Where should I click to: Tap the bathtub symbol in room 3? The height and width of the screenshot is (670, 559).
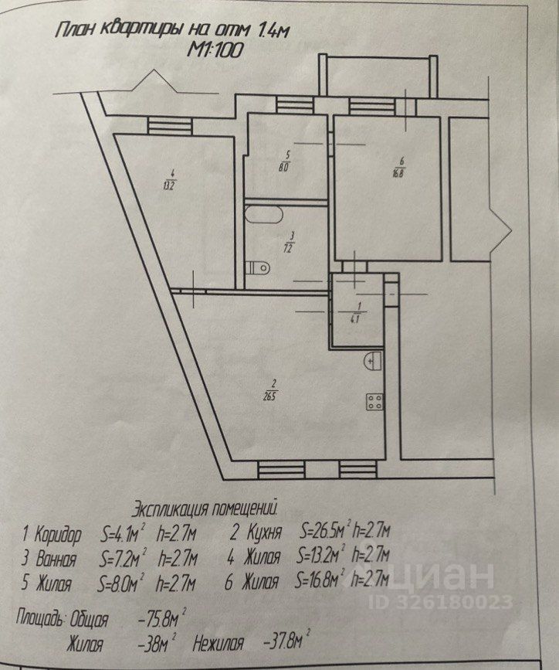tap(263, 216)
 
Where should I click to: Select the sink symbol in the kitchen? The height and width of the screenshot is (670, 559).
tap(373, 360)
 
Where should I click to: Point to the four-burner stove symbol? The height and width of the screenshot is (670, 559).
tap(375, 401)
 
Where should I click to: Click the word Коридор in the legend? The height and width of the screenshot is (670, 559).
tap(58, 534)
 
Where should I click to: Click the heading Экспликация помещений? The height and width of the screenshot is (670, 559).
tap(204, 508)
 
